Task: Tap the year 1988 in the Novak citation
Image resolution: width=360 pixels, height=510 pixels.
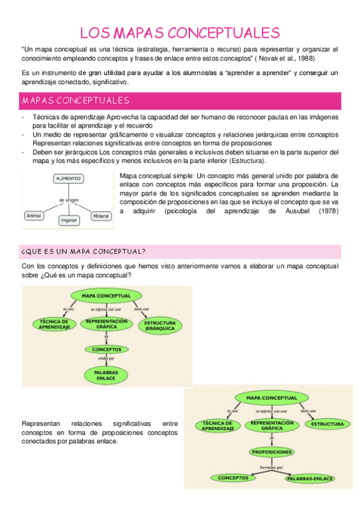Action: tap(306, 58)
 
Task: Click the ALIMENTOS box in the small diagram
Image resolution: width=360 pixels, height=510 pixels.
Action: tap(69, 179)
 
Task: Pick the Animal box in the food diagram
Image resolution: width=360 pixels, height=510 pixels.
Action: tap(34, 215)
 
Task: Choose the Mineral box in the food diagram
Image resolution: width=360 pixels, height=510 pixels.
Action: tap(100, 215)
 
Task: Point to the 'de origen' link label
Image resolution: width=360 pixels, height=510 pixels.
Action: tap(69, 200)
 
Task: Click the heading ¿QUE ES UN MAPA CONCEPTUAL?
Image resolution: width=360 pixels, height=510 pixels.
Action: tap(84, 251)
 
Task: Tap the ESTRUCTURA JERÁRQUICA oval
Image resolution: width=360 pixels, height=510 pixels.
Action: tap(160, 325)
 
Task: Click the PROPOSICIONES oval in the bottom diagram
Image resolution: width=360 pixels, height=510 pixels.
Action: tap(272, 452)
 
